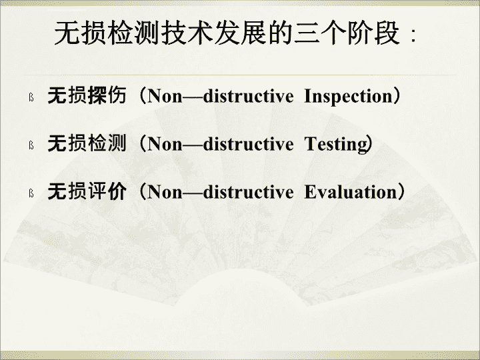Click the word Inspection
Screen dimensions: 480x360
[x=348, y=97]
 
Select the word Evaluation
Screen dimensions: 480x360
[x=351, y=192]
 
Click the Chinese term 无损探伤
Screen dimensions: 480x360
[x=87, y=95]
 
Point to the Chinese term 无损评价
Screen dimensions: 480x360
[x=87, y=191]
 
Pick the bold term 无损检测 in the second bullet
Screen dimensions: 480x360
[x=87, y=143]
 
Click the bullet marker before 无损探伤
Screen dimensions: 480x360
[x=31, y=97]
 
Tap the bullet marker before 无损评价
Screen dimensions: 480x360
[x=31, y=193]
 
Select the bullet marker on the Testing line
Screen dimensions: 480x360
[x=31, y=145]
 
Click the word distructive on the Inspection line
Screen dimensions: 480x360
[x=248, y=96]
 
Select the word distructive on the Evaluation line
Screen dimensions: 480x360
[x=248, y=192]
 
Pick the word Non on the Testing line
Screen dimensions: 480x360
[x=165, y=144]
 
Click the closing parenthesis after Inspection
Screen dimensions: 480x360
[x=396, y=96]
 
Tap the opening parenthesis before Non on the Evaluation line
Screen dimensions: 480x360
[x=143, y=192]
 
